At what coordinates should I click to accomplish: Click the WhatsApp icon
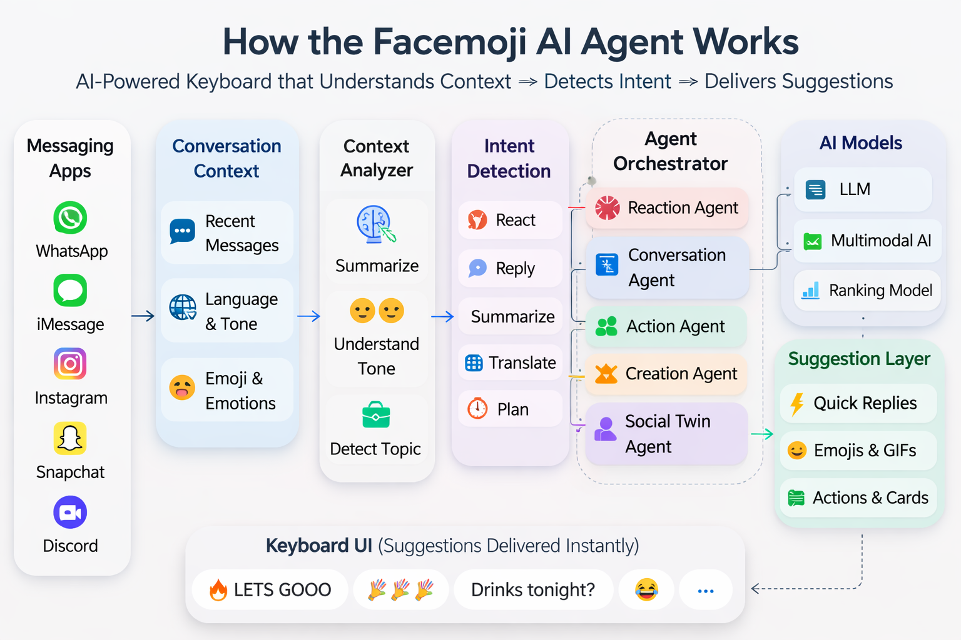pyautogui.click(x=70, y=217)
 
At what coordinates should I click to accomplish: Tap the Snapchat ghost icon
pyautogui.click(x=70, y=438)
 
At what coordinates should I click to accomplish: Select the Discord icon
pyautogui.click(x=70, y=512)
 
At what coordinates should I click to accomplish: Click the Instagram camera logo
pyautogui.click(x=70, y=364)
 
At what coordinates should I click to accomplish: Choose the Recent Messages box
pyautogui.click(x=226, y=232)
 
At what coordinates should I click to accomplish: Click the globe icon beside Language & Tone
pyautogui.click(x=183, y=307)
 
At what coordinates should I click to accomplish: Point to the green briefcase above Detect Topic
pyautogui.click(x=376, y=415)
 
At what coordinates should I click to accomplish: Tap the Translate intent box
pyautogui.click(x=511, y=362)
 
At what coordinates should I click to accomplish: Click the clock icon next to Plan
pyautogui.click(x=477, y=409)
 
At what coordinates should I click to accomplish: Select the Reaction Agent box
pyautogui.click(x=667, y=207)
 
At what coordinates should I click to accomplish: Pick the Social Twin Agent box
pyautogui.click(x=667, y=434)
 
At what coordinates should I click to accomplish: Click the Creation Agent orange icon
pyautogui.click(x=606, y=374)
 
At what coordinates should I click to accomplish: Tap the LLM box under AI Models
pyautogui.click(x=863, y=189)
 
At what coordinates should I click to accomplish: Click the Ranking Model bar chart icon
pyautogui.click(x=811, y=290)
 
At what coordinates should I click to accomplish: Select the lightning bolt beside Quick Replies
pyautogui.click(x=797, y=404)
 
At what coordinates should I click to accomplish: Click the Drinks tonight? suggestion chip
pyautogui.click(x=533, y=589)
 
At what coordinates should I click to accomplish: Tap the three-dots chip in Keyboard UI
pyautogui.click(x=706, y=590)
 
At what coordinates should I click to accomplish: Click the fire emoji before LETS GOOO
pyautogui.click(x=218, y=589)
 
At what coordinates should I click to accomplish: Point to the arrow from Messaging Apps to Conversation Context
pyautogui.click(x=143, y=316)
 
